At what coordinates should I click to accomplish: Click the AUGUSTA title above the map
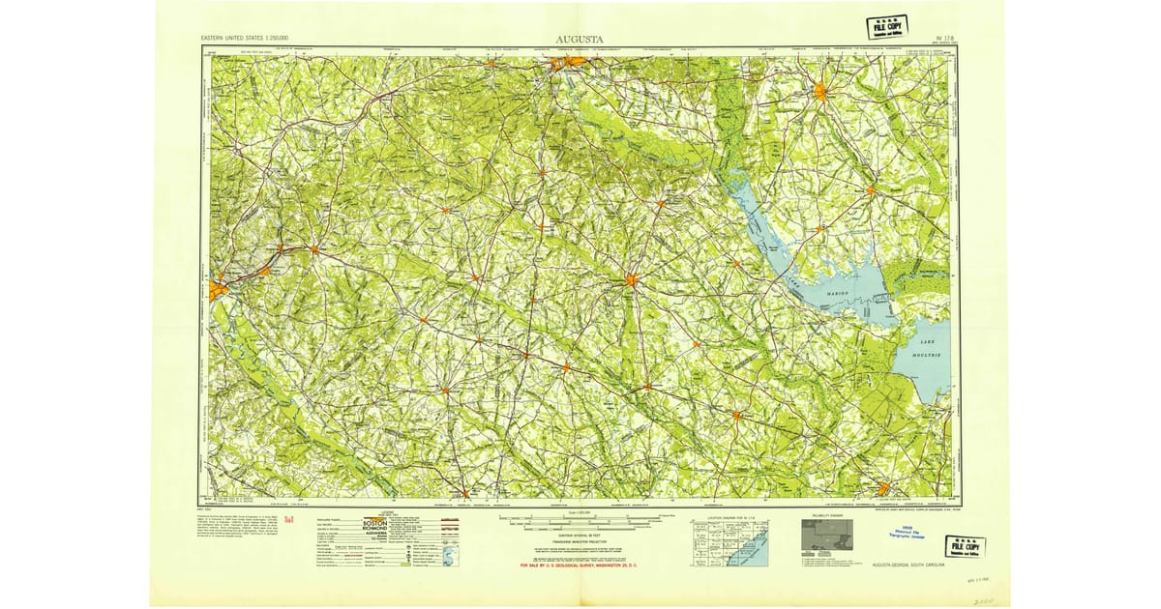coord(580,40)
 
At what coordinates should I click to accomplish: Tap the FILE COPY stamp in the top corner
coord(886,27)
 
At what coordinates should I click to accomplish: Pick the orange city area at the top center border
coord(569,65)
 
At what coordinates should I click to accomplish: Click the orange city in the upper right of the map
coord(821,93)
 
